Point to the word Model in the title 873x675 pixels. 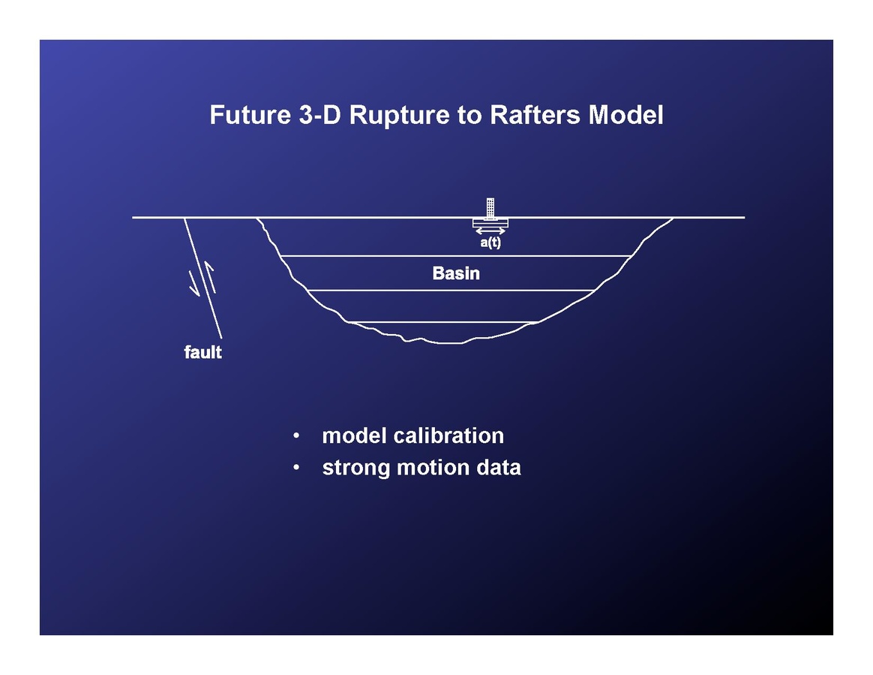pyautogui.click(x=626, y=116)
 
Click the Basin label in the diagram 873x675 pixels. pyautogui.click(x=456, y=273)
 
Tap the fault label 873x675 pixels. pyautogui.click(x=202, y=351)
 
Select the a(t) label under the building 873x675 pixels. pyautogui.click(x=490, y=243)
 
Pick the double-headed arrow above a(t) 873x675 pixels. pyautogui.click(x=490, y=231)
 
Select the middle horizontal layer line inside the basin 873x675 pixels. pyautogui.click(x=450, y=290)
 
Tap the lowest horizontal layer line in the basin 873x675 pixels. pyautogui.click(x=442, y=322)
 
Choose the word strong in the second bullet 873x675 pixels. pyautogui.click(x=356, y=469)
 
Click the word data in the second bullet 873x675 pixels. pyautogui.click(x=499, y=468)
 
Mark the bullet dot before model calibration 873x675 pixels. pyautogui.click(x=298, y=435)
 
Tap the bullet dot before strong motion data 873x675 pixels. pyautogui.click(x=298, y=468)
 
